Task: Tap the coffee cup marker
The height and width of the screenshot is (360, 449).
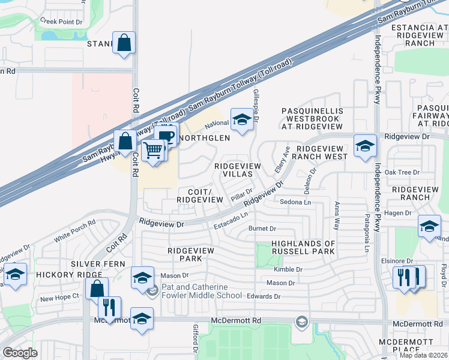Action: click(166, 136)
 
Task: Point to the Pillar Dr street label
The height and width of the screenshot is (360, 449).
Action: click(241, 193)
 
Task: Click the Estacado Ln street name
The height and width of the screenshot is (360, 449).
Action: click(231, 221)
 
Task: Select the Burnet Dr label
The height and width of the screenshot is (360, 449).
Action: click(262, 229)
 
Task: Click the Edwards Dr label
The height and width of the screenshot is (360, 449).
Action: click(265, 296)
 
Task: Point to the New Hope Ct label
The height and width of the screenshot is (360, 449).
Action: click(59, 297)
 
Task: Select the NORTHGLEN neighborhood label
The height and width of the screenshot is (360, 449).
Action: click(205, 138)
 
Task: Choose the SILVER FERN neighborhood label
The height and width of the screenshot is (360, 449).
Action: click(97, 264)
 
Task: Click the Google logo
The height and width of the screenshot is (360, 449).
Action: click(20, 352)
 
